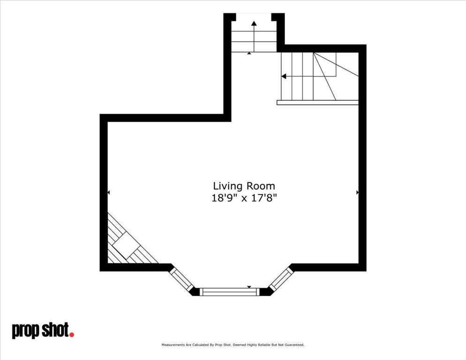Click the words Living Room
(x=244, y=186)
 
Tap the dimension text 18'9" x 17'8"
(x=244, y=198)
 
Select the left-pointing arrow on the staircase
(x=284, y=76)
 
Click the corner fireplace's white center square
(x=126, y=245)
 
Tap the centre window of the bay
(x=230, y=292)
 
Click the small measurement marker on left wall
(x=109, y=192)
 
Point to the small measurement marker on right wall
(x=357, y=192)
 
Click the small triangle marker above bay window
(x=249, y=287)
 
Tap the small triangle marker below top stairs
(x=249, y=53)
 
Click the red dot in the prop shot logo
(x=72, y=334)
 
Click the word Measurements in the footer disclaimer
(x=173, y=345)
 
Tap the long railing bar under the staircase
(x=317, y=102)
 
